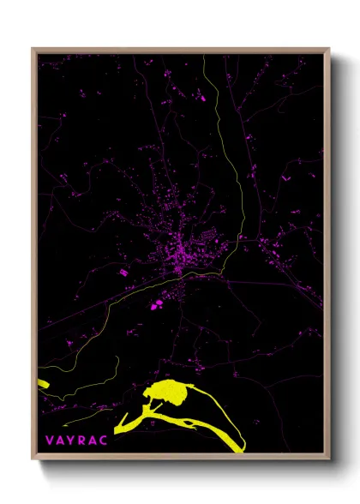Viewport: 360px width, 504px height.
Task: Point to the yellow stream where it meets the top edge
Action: (x=204, y=57)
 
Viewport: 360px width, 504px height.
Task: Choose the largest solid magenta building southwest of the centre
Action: (x=155, y=304)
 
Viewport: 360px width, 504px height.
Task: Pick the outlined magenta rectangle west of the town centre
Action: (x=123, y=272)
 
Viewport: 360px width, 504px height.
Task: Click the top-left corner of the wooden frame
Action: (x=33, y=49)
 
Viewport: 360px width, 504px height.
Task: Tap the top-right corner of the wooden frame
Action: (x=329, y=49)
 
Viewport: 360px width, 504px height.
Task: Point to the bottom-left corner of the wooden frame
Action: (x=33, y=460)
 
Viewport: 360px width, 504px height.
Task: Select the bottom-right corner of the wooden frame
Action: (x=329, y=460)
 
